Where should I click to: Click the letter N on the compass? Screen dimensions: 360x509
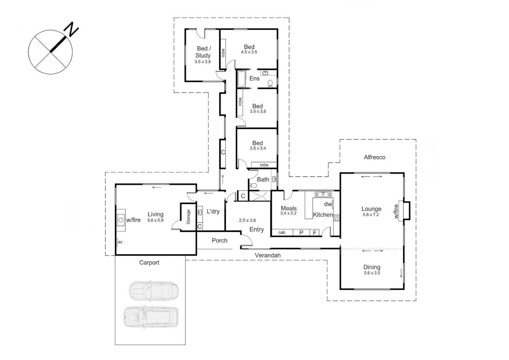[72, 29]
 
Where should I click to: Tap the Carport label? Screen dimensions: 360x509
[149, 263]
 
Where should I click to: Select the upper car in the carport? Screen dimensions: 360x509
[154, 291]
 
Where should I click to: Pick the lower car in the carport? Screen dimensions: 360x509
[151, 316]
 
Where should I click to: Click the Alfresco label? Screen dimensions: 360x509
[374, 157]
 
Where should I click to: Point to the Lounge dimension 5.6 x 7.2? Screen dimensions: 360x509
[371, 215]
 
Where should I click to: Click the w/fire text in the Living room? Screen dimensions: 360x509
[133, 220]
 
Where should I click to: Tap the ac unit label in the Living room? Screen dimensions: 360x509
[120, 242]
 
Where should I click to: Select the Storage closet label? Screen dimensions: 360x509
[188, 217]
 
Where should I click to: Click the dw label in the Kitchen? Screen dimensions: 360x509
[328, 204]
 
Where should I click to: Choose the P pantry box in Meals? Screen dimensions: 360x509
[301, 233]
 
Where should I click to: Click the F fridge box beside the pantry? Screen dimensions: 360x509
[314, 233]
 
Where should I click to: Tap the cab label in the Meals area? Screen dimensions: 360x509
[282, 233]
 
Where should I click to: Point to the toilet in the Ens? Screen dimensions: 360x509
[270, 82]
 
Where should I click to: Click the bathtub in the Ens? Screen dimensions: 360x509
[241, 79]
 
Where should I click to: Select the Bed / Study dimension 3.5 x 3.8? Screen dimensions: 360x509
[203, 62]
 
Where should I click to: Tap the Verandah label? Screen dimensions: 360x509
[267, 255]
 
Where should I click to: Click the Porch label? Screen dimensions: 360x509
[220, 240]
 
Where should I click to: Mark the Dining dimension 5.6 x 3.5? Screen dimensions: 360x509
[372, 273]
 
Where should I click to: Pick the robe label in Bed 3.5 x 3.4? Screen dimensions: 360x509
[264, 165]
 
